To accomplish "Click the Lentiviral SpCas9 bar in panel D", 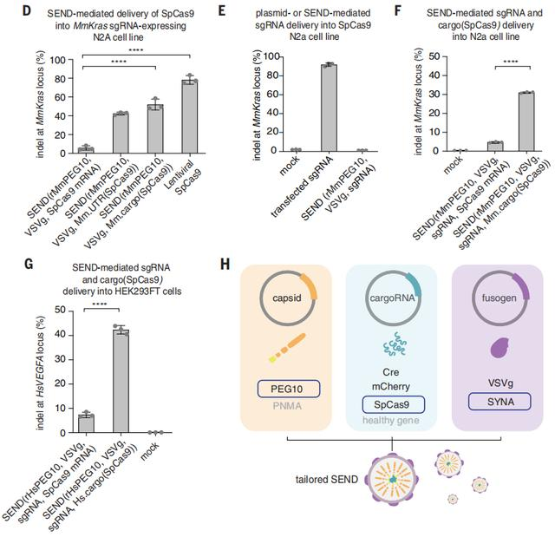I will (x=189, y=114).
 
